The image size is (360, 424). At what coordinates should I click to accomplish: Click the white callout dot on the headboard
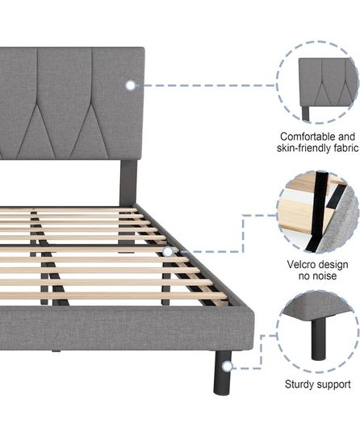(131, 86)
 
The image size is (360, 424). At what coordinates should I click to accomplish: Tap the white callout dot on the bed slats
(168, 252)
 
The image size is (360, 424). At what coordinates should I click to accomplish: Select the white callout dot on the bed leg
(228, 367)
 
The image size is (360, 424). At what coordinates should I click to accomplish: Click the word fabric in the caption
(345, 148)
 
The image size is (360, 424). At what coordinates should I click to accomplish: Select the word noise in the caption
(325, 276)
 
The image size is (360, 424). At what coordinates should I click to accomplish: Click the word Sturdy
(299, 384)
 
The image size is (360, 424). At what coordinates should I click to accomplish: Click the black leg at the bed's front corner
(222, 372)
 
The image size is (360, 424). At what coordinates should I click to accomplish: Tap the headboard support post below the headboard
(128, 183)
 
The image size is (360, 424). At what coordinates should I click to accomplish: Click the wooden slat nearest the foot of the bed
(114, 296)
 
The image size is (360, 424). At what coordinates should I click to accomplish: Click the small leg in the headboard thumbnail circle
(306, 114)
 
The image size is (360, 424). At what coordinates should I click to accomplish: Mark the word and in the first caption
(346, 136)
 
